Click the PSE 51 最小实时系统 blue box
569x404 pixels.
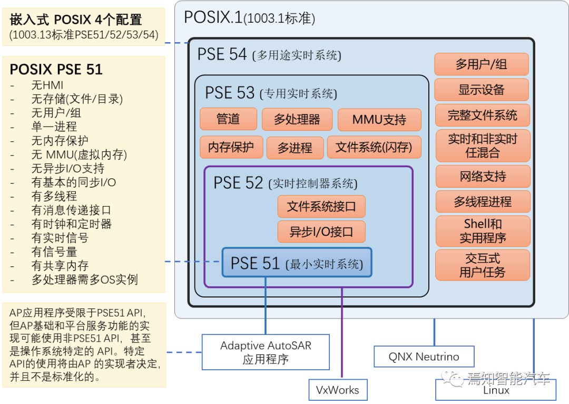pos(297,262)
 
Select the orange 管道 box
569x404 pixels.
pos(228,119)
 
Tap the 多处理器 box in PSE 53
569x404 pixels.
pos(297,119)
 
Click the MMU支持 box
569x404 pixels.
pos(379,120)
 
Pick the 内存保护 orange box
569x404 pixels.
pos(230,147)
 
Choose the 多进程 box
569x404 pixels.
pos(295,148)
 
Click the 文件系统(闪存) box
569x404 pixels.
pos(374,147)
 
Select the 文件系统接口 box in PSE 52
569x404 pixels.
pos(321,206)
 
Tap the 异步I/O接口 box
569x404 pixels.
pos(321,232)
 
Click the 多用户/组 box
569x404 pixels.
pos(481,64)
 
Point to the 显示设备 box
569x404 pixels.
pos(481,90)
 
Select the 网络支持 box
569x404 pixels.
pos(483,176)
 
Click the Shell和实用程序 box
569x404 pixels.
pos(483,231)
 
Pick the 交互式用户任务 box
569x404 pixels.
pos(482,265)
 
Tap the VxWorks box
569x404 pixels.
pos(337,390)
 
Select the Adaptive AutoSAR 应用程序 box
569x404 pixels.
pos(266,352)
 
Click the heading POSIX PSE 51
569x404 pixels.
pos(56,70)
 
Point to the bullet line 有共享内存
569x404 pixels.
pos(60,266)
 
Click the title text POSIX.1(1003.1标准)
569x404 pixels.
pos(249,18)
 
